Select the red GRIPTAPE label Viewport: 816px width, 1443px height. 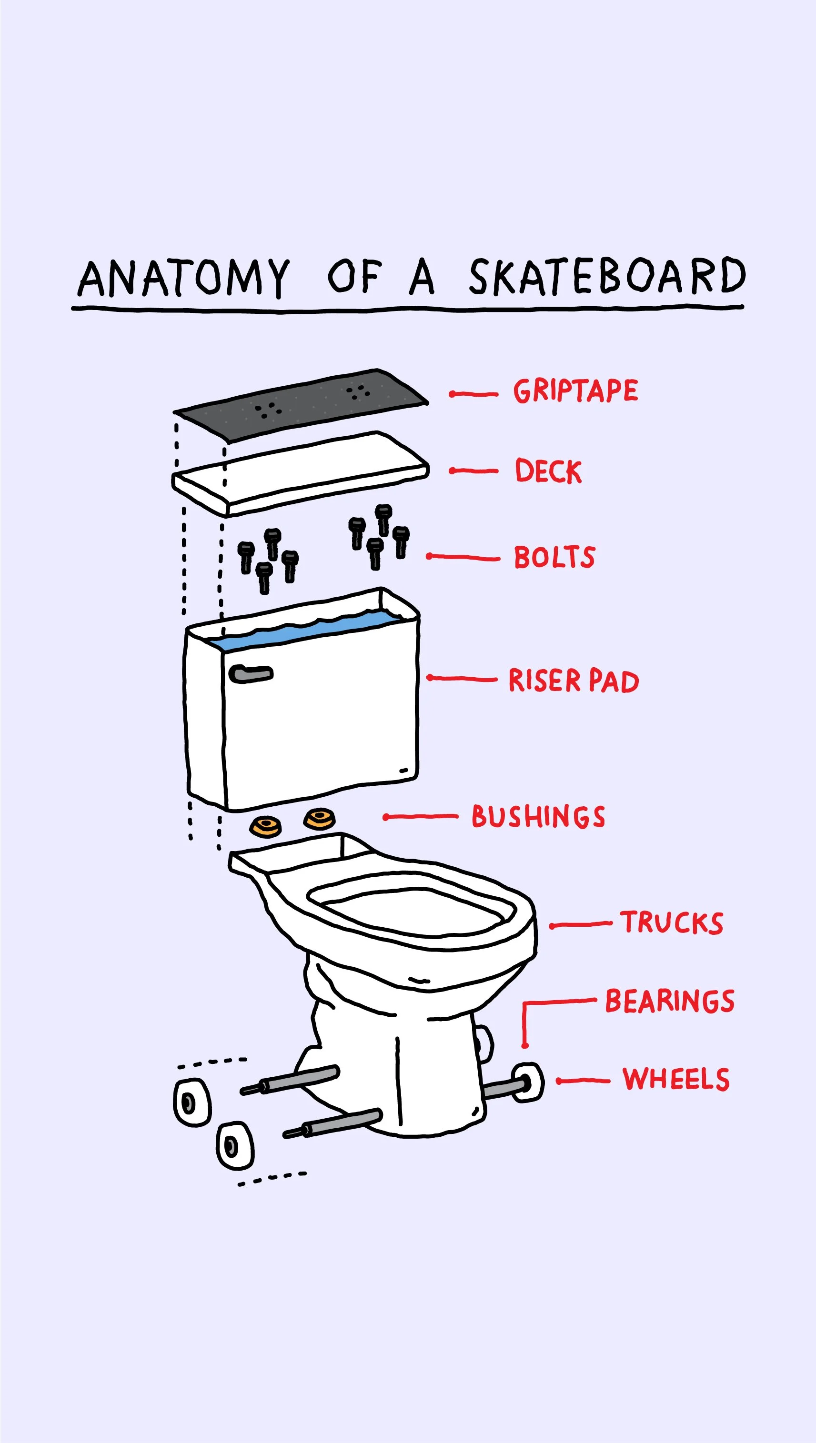pos(575,391)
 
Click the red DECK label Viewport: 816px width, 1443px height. pos(548,471)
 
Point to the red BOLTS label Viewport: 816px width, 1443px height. pos(554,557)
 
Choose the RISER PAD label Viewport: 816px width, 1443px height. pos(574,681)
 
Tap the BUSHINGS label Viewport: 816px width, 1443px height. pos(538,816)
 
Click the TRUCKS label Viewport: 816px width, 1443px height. pos(671,922)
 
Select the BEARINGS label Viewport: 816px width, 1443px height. pos(670,1001)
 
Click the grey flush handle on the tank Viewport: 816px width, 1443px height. pos(251,673)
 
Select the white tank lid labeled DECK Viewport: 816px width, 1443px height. pos(300,473)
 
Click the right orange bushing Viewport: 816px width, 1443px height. pos(320,818)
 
